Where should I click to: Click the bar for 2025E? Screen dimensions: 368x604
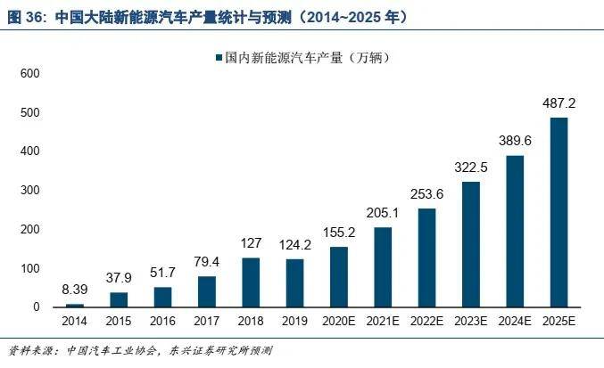[558, 212]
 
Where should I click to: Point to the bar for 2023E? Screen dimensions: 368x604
[471, 244]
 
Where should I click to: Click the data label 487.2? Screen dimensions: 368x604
[558, 103]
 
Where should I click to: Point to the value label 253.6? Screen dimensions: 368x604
[426, 194]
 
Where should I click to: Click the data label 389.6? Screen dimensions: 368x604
[515, 141]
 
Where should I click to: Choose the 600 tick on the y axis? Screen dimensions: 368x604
[30, 73]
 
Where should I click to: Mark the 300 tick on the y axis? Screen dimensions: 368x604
[30, 191]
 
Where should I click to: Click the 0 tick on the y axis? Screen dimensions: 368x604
[37, 307]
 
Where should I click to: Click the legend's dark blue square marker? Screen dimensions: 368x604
[219, 58]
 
